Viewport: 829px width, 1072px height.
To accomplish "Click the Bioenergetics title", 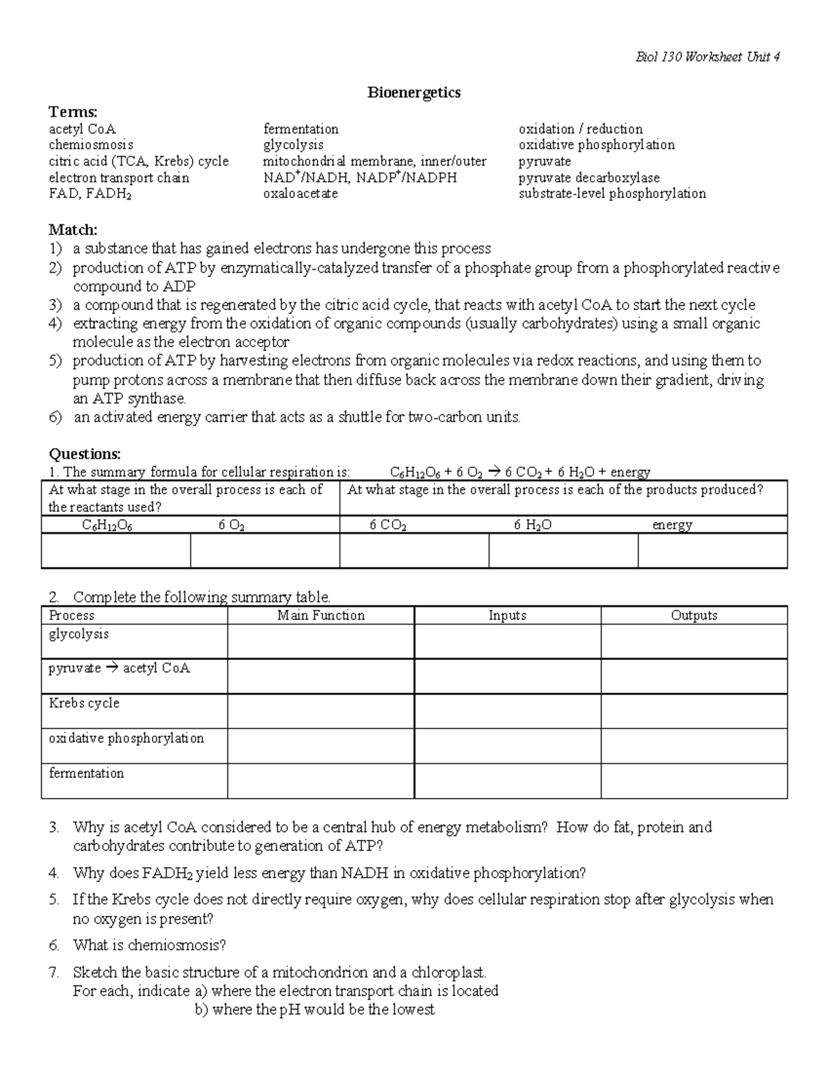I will (414, 92).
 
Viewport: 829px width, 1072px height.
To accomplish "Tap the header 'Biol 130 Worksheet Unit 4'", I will (707, 57).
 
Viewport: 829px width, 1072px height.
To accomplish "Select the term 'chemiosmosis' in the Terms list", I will (90, 145).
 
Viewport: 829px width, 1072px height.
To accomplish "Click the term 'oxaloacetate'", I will (301, 194).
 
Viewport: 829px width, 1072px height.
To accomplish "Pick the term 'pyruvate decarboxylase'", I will (589, 178).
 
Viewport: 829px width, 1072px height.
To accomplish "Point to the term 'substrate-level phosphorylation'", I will (612, 194).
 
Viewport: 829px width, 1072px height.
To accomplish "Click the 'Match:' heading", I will (73, 229).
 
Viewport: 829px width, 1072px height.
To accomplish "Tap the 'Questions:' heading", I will (84, 454).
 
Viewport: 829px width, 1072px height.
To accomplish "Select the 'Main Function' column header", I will (321, 616).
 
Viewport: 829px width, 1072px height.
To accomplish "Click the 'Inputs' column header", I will (507, 616).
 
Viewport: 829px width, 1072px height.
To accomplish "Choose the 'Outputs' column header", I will (694, 616).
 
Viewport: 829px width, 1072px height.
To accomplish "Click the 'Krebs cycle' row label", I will (84, 703).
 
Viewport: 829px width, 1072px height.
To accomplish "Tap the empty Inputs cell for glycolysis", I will (507, 642).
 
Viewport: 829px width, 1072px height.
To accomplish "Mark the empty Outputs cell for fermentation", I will (694, 781).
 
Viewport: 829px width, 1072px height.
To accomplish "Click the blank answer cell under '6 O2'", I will (265, 551).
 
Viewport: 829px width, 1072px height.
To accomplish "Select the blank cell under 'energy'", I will (712, 551).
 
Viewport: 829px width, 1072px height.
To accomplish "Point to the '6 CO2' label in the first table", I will (388, 525).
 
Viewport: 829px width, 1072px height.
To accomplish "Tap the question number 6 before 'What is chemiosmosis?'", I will (54, 945).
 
